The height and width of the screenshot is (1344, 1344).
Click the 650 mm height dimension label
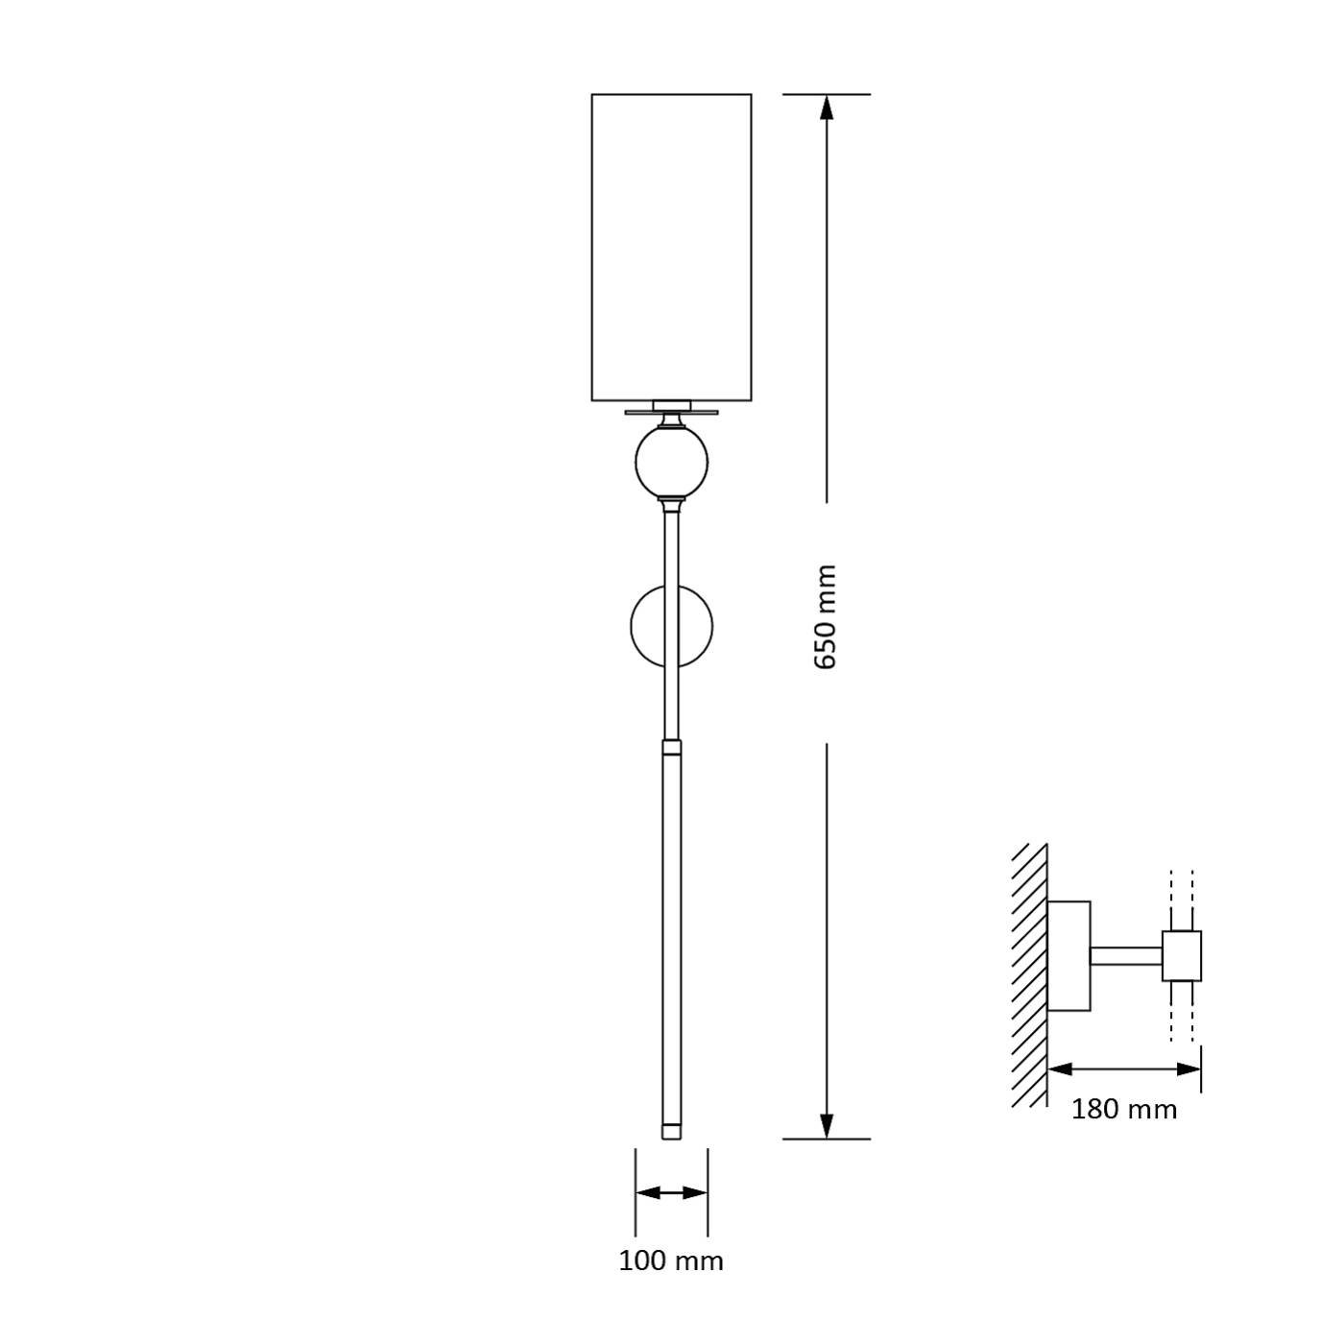click(825, 617)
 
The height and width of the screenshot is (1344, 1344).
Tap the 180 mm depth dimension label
click(1123, 1129)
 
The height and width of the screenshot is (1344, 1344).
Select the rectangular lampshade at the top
click(671, 248)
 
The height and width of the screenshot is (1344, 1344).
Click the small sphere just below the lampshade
click(671, 462)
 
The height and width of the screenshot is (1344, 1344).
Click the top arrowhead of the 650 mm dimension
click(827, 108)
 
